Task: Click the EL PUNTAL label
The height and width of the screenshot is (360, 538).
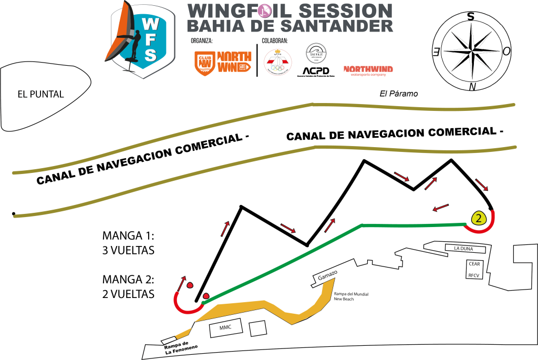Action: coord(40,95)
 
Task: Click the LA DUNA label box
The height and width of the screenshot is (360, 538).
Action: coord(465,249)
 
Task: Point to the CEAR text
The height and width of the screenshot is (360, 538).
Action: coord(474,264)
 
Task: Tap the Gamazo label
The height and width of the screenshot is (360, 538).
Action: coord(327,275)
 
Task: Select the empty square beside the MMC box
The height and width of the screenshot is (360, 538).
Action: coord(257,329)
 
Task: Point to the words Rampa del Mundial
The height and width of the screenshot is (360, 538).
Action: coord(351,294)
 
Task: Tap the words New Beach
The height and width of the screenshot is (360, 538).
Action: coord(344,299)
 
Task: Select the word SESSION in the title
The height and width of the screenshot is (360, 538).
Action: coord(346,11)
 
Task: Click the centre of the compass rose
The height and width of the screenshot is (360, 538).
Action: coord(471,50)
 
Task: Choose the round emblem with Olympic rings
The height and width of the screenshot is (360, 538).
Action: coord(277,62)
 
